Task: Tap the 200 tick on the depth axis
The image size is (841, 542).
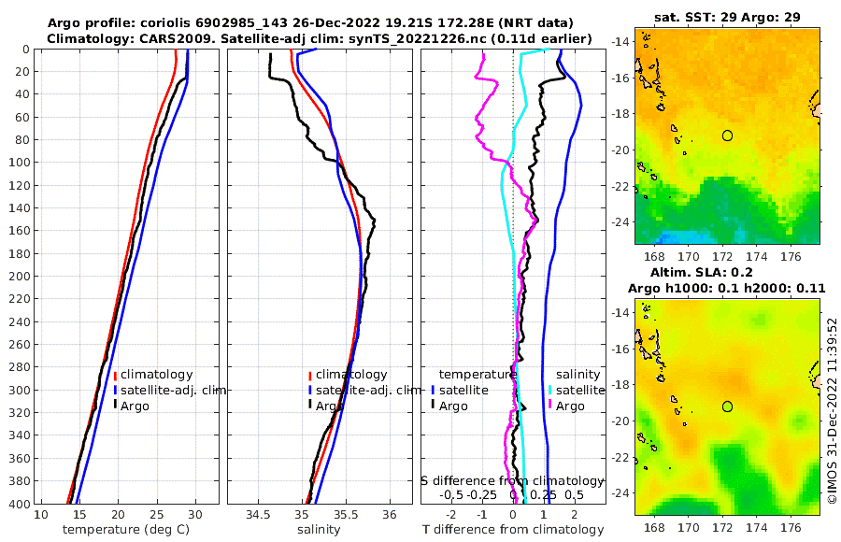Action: [x=20, y=277]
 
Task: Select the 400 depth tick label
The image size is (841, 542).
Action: [x=20, y=504]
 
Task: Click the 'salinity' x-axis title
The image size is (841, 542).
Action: [x=319, y=530]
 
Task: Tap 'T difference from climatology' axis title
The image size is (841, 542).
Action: [x=513, y=530]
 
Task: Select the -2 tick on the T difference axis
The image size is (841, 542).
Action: [x=452, y=515]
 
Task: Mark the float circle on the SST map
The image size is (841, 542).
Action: [x=727, y=135]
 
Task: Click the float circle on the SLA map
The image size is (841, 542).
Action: [x=727, y=406]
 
